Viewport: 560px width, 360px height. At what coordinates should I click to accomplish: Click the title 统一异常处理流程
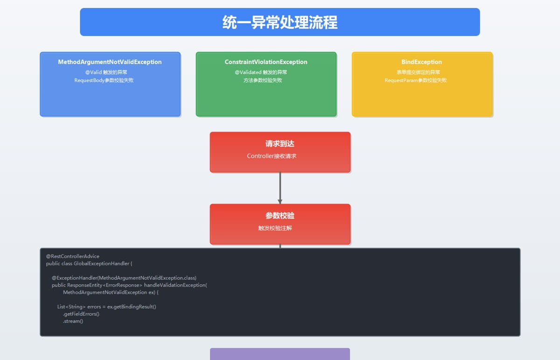coord(280,22)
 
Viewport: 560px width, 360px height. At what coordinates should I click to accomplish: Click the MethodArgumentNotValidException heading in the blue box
coord(110,62)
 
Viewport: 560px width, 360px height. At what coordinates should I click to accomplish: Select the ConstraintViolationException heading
coord(266,62)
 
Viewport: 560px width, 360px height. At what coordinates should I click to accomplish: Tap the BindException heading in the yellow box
coord(421,62)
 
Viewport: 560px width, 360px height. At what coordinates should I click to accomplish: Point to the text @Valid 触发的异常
coord(106,72)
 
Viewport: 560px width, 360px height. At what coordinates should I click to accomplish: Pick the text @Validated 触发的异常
coord(261,72)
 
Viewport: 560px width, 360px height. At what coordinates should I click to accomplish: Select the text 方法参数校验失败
coord(263,80)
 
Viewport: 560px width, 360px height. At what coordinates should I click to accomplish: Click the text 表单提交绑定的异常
coord(418,72)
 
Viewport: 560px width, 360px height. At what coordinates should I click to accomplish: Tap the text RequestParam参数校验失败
coord(415,80)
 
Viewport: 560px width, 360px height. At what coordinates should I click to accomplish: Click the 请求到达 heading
coord(280,144)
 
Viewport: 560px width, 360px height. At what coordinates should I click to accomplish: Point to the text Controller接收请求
coord(272,156)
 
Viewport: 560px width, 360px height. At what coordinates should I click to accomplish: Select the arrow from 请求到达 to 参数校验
coord(280,188)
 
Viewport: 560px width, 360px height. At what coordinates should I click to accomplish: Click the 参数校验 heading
coord(280,216)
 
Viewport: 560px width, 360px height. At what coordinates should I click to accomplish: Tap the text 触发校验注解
coord(275,228)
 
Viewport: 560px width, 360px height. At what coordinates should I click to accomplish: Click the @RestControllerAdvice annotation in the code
coord(72,256)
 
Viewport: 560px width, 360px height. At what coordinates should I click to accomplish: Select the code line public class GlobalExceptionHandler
coord(89,263)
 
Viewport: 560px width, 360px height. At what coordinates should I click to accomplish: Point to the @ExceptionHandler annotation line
coord(124,278)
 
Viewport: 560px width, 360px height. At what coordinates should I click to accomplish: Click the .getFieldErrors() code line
coord(81,314)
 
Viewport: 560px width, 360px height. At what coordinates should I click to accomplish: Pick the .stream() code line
coord(73,321)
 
